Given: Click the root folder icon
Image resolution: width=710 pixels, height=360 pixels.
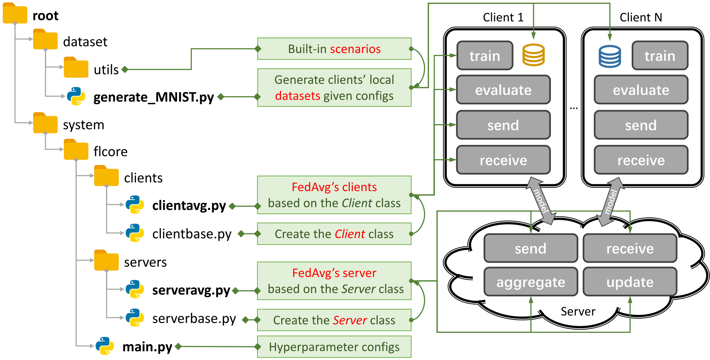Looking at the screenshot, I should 15,14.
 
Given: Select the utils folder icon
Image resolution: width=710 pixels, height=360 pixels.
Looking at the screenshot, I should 76,68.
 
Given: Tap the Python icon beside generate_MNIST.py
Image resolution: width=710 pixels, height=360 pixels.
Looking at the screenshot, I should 76,96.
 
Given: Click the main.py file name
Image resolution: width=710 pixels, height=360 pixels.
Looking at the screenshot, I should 147,347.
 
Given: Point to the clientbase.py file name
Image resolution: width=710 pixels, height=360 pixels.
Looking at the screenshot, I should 192,234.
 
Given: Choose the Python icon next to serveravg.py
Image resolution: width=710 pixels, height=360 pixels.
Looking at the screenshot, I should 135,289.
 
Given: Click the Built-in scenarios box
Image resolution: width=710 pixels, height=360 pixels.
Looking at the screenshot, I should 334,49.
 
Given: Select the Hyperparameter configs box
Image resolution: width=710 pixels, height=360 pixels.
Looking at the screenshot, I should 334,347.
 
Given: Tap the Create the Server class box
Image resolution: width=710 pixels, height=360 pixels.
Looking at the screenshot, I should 334,320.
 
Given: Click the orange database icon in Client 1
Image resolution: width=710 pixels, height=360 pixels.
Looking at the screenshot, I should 533,55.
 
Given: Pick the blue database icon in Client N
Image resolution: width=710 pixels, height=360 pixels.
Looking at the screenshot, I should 610,56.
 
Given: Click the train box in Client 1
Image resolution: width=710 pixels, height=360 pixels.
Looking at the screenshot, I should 485,56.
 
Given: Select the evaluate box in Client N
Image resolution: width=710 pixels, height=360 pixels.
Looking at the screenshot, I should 641,90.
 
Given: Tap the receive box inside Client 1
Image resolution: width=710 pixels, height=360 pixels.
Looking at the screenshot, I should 503,160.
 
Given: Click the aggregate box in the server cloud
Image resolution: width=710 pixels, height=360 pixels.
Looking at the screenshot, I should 531,282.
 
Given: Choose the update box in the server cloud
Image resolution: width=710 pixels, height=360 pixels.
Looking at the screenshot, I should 630,282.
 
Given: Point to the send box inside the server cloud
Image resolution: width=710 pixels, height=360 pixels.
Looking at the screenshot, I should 531,249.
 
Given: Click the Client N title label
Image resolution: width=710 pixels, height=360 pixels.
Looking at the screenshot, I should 641,17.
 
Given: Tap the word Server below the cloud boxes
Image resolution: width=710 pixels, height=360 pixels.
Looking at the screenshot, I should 578,311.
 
